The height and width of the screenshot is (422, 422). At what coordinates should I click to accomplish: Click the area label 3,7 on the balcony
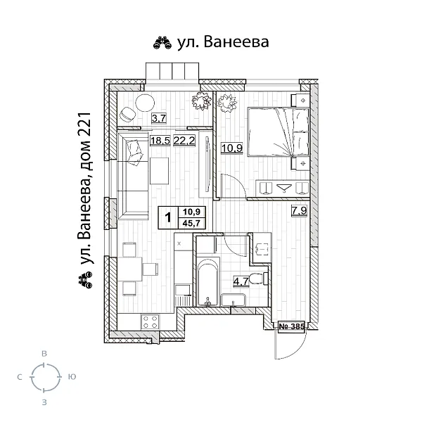[x=158, y=118]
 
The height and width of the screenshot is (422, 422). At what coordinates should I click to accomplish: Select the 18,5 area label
[x=160, y=141]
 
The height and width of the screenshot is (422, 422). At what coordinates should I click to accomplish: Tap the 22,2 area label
[x=184, y=141]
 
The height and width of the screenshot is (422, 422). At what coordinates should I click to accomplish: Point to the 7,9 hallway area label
[x=298, y=210]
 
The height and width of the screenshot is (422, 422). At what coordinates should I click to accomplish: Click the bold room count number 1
[x=168, y=217]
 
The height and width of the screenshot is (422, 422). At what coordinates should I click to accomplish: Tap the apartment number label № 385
[x=291, y=326]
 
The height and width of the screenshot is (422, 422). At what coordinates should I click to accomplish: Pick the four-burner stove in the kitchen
[x=150, y=323]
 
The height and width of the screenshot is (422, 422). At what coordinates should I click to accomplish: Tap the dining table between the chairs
[x=130, y=268]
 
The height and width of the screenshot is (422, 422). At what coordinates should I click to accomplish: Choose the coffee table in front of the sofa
[x=160, y=171]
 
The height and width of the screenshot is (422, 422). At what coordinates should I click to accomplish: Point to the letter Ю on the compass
[x=72, y=378]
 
